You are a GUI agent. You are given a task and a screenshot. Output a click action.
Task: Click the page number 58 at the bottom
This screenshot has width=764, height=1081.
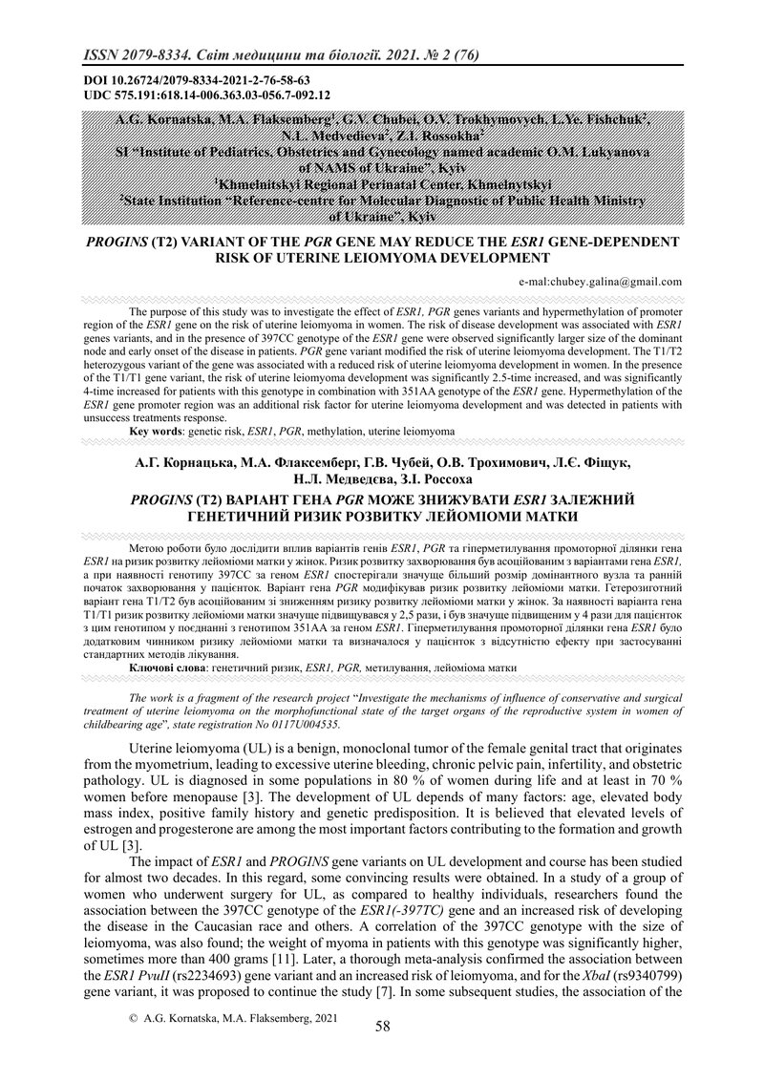(x=383, y=1027)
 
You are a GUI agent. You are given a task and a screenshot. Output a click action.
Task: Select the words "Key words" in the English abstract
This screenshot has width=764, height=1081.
(x=155, y=433)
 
